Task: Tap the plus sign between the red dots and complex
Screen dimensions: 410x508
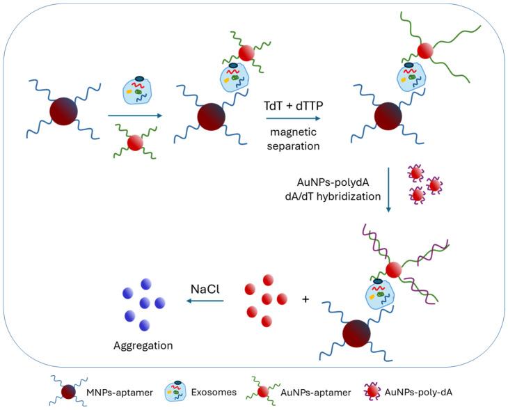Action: click(x=305, y=300)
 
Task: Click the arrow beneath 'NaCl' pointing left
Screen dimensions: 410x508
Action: click(x=205, y=301)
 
